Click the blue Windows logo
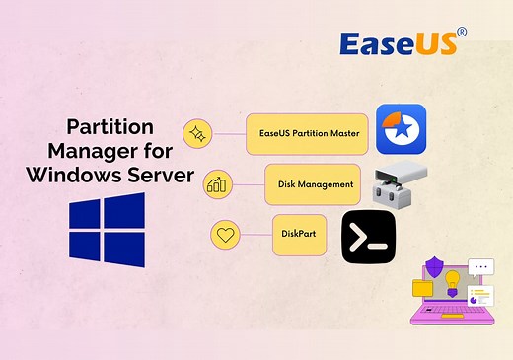108,231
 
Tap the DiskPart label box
299,234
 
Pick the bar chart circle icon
216,184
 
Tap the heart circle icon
226,235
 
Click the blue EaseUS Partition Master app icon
401,130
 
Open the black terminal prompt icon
369,237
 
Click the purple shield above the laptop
434,267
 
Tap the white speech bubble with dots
480,266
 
